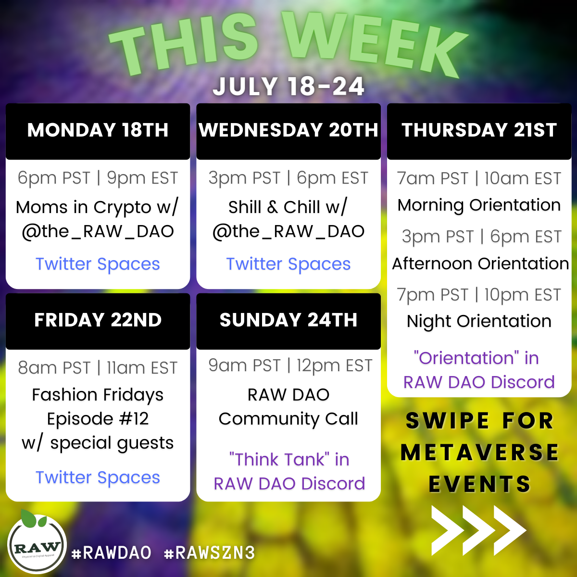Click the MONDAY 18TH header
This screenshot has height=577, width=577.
coord(98,130)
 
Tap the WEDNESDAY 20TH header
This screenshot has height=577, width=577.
coord(288,130)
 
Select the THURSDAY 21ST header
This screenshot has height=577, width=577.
coord(479,130)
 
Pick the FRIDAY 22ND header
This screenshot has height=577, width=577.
coord(98,320)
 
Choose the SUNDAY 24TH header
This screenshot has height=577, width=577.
coord(288,320)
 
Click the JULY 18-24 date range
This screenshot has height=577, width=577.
coord(288,87)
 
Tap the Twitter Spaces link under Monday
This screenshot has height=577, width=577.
coord(98,264)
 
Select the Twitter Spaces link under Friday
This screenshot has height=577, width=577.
coord(98,477)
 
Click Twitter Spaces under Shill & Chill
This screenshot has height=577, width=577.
coord(288,264)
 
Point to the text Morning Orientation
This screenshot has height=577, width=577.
coord(479,205)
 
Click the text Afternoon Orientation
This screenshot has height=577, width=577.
coord(480,264)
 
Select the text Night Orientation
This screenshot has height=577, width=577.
coord(479,322)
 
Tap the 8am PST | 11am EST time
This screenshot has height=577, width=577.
coord(98,368)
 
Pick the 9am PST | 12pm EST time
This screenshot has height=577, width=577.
coord(290,366)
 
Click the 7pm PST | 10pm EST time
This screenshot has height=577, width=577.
coord(479,295)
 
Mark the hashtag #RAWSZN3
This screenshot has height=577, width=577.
coord(210,553)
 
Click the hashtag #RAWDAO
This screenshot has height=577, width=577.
coord(112,553)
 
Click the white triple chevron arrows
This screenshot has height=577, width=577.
coord(478,530)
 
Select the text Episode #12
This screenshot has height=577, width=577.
coord(98,419)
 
